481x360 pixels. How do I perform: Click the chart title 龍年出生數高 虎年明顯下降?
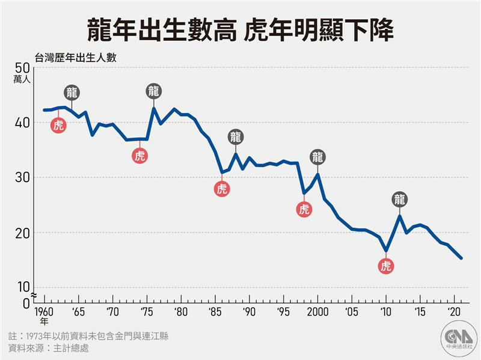pyautogui.click(x=240, y=28)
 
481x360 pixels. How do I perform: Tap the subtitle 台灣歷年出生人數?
pyautogui.click(x=76, y=58)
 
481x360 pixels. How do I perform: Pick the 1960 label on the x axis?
pyautogui.click(x=43, y=311)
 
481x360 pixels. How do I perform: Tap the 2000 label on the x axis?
pyautogui.click(x=317, y=311)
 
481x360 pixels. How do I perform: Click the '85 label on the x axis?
pyautogui.click(x=215, y=311)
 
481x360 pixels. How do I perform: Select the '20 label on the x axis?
pyautogui.click(x=454, y=311)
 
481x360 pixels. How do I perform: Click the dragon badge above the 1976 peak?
pyautogui.click(x=153, y=91)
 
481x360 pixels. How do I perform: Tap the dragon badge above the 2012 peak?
pyautogui.click(x=400, y=200)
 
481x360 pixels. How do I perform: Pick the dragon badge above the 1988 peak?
pyautogui.click(x=236, y=137)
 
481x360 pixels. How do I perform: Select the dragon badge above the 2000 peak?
pyautogui.click(x=317, y=157)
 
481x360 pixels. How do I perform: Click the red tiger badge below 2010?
pyautogui.click(x=386, y=266)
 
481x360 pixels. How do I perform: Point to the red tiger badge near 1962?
pyautogui.click(x=58, y=125)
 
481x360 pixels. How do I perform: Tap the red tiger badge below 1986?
pyautogui.click(x=222, y=189)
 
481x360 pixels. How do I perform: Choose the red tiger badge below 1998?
pyautogui.click(x=304, y=209)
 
